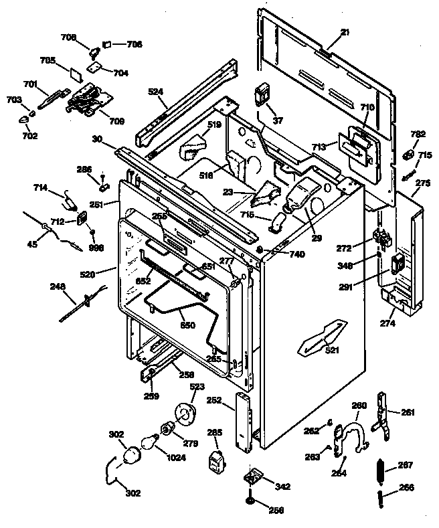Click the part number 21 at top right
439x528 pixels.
pyautogui.click(x=344, y=33)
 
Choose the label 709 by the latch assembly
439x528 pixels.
pyautogui.click(x=116, y=122)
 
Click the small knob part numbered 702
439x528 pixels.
pyautogui.click(x=25, y=119)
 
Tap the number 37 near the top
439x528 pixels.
pyautogui.click(x=278, y=120)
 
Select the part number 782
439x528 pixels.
pyautogui.click(x=418, y=135)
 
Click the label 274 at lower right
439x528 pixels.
pyautogui.click(x=388, y=324)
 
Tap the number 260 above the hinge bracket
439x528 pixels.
pyautogui.click(x=359, y=406)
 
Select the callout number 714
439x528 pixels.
pyautogui.click(x=39, y=189)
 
